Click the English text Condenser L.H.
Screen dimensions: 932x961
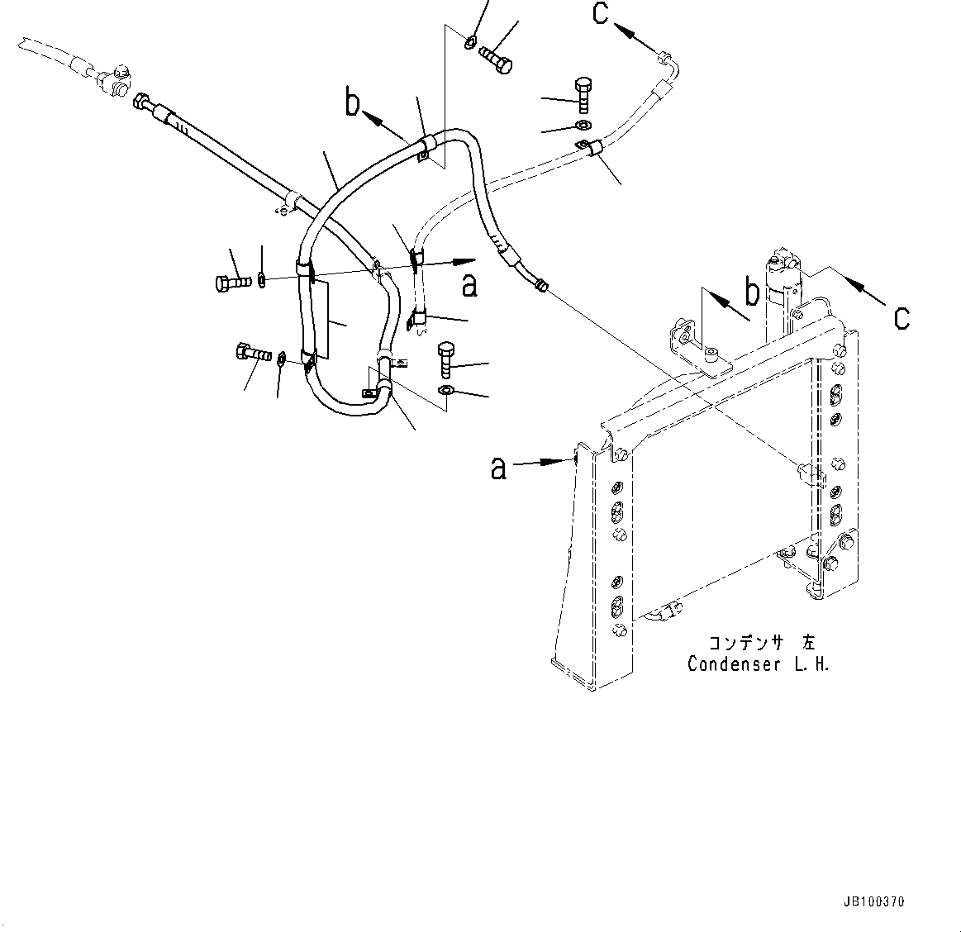pyautogui.click(x=758, y=664)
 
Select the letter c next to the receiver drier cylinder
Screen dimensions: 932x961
pyautogui.click(x=902, y=316)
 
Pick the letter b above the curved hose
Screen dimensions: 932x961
pyautogui.click(x=353, y=104)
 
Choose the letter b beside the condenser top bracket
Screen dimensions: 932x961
pyautogui.click(x=753, y=293)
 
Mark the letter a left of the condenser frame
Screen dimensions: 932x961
pyautogui.click(x=498, y=468)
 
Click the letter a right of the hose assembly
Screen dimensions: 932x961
pyautogui.click(x=469, y=285)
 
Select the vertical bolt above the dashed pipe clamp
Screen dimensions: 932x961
pyautogui.click(x=583, y=95)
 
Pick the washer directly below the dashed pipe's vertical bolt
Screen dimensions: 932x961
pyautogui.click(x=581, y=126)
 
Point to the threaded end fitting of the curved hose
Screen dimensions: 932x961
pyautogui.click(x=541, y=285)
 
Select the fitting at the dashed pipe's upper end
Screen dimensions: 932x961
pyautogui.click(x=664, y=58)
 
